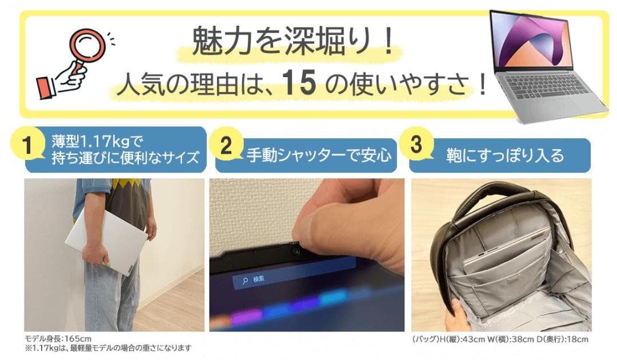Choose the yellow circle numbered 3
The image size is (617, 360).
point(416,145)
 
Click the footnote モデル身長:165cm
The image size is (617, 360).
point(58,338)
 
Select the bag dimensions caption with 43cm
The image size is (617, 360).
point(500,339)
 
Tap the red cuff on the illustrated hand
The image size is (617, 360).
point(46,87)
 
